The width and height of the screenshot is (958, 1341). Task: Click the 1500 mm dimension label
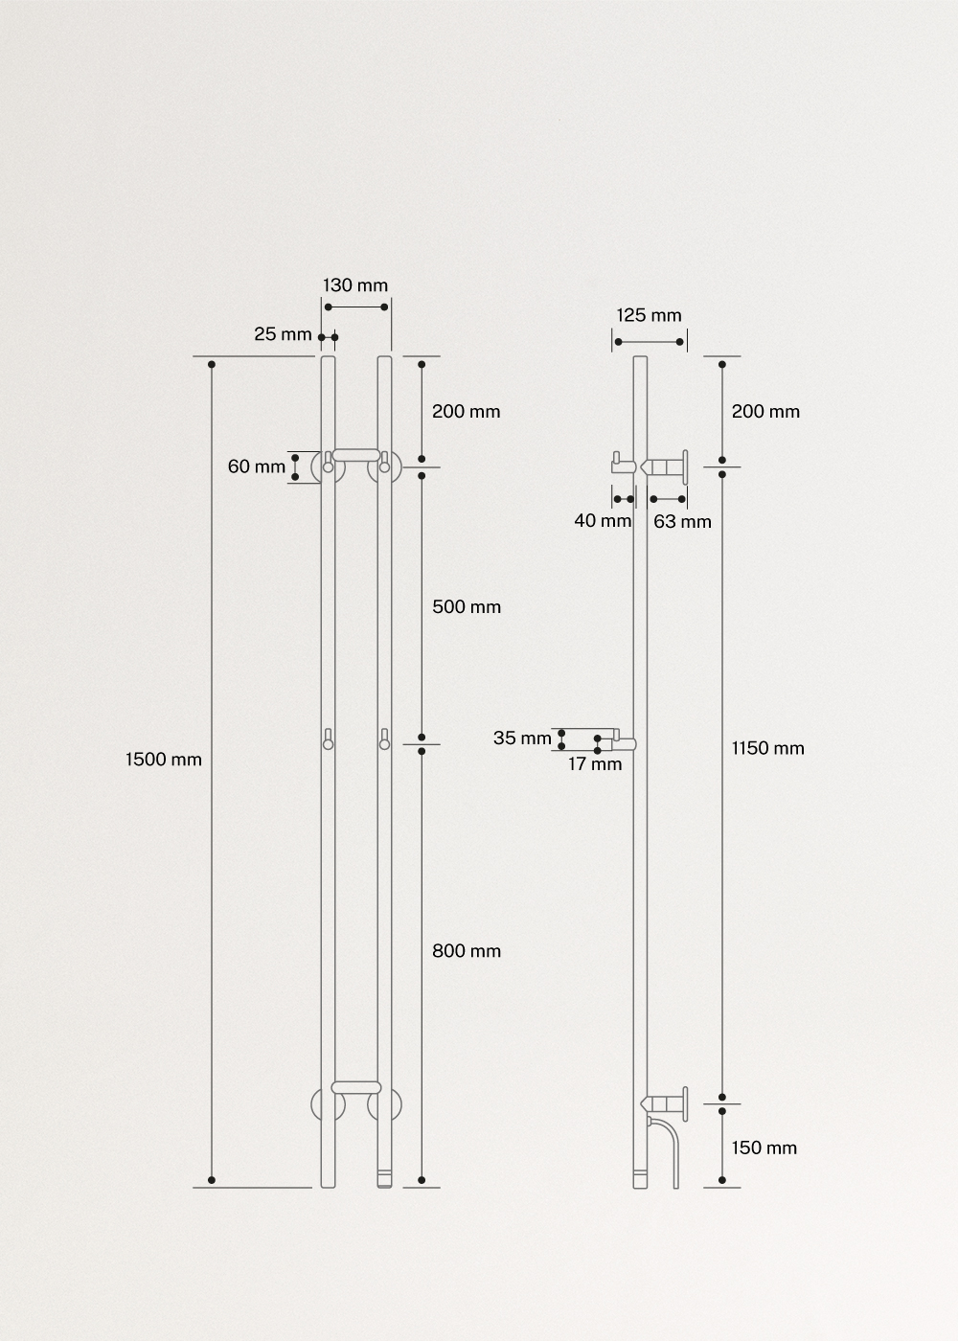click(x=164, y=760)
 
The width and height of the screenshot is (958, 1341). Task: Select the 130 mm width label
click(x=355, y=285)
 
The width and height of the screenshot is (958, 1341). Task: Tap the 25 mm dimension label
click(x=283, y=334)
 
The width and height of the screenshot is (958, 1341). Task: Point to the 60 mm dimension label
click(x=256, y=466)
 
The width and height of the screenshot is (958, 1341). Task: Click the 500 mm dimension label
click(x=467, y=606)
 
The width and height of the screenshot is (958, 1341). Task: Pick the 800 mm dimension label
click(x=467, y=950)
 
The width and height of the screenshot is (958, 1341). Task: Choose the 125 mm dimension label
click(x=649, y=315)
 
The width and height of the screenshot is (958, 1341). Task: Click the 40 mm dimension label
click(x=603, y=521)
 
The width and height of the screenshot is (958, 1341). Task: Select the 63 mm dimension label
click(x=682, y=522)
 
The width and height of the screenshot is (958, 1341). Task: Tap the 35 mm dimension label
click(x=522, y=738)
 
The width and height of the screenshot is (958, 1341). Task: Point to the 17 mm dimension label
click(x=594, y=763)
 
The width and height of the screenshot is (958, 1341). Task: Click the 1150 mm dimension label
click(x=767, y=748)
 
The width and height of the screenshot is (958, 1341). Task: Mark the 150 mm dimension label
click(x=764, y=1148)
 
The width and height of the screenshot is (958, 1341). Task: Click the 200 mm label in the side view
click(x=765, y=411)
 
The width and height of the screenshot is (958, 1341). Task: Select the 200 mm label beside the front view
click(x=467, y=411)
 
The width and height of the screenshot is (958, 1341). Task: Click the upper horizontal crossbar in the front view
click(x=355, y=454)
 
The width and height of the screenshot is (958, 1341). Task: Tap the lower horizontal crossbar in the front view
click(x=355, y=1087)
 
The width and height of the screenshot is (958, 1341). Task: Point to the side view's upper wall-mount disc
click(x=685, y=467)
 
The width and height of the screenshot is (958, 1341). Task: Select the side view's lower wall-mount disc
click(x=685, y=1102)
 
